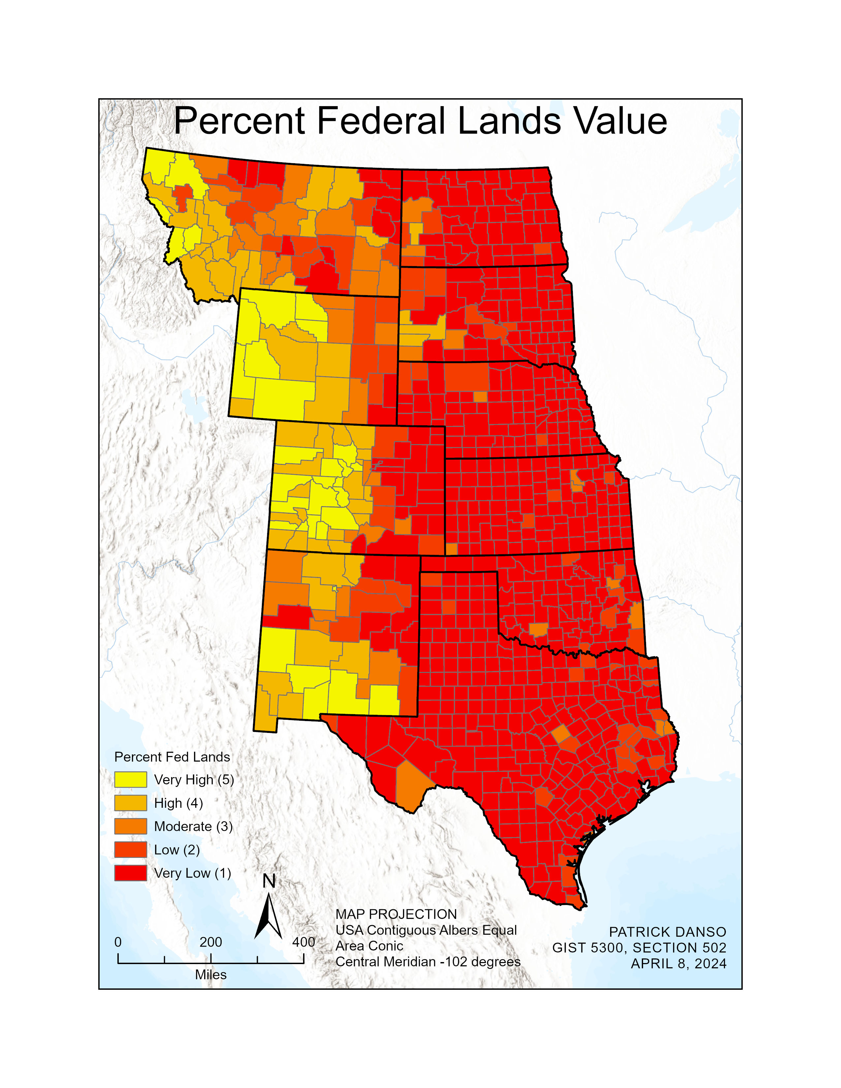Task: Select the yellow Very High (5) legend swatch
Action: tap(131, 780)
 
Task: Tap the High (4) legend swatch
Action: tap(131, 803)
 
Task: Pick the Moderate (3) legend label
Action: tap(193, 827)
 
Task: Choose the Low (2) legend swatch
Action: tap(131, 850)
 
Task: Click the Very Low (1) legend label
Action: tap(192, 873)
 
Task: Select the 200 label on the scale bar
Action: tap(211, 942)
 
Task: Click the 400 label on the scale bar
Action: tap(303, 942)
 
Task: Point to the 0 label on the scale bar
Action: tap(118, 942)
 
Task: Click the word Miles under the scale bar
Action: tap(211, 975)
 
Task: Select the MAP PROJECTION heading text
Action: tap(396, 914)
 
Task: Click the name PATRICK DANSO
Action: tap(668, 932)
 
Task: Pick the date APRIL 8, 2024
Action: tap(679, 964)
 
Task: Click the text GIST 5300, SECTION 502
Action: tap(639, 948)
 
